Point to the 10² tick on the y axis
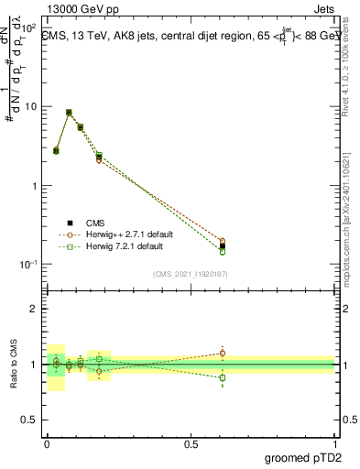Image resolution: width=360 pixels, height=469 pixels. coord(30,27)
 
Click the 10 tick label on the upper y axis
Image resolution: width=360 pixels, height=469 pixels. coord(31,107)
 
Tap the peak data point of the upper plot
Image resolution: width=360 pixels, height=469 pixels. coord(69,113)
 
